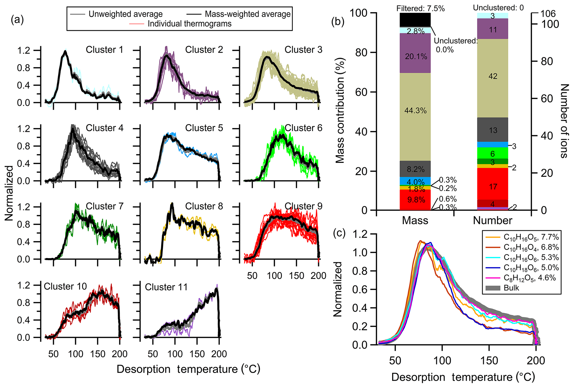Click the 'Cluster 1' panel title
104,50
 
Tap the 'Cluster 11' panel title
166,287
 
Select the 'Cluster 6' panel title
303,128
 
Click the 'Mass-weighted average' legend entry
247,14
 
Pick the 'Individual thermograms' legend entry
189,24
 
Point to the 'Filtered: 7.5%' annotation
420,9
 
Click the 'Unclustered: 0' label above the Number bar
498,8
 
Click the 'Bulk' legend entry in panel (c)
511,288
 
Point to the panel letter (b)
338,22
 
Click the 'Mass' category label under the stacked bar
415,220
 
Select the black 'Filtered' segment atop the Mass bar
415,20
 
